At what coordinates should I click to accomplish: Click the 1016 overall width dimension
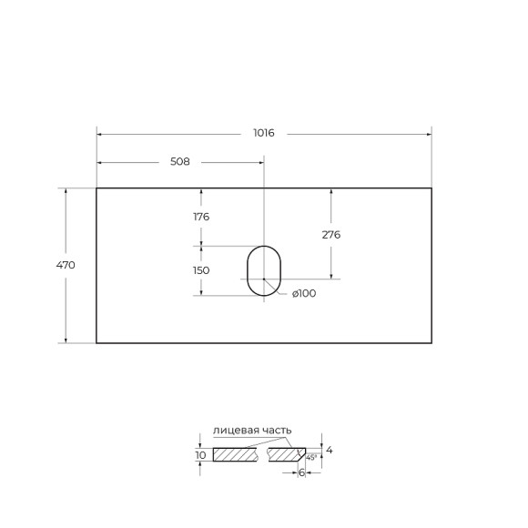coord(264,133)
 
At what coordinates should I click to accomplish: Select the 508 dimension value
coord(179,162)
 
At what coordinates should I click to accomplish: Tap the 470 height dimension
coord(65,265)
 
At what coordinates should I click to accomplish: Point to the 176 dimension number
coord(201,217)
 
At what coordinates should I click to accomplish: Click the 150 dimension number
coord(201,270)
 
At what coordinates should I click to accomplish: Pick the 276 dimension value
coord(331,234)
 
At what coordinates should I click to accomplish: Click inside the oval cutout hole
coord(264,270)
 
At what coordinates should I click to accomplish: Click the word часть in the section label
coord(274,430)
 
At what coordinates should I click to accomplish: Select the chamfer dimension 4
coord(329,450)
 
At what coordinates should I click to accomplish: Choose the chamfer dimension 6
coord(301,472)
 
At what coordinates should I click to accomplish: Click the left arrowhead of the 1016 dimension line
coord(100,133)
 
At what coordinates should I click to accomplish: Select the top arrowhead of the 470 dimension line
coord(65,191)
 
